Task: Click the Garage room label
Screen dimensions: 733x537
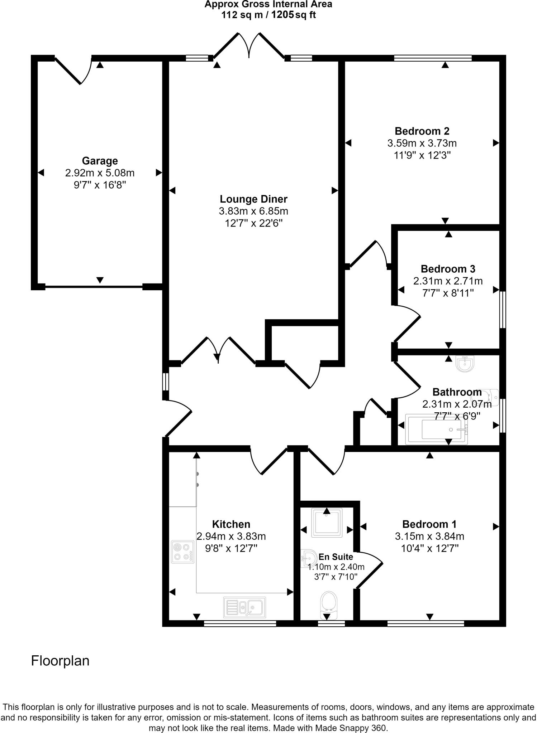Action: click(100, 161)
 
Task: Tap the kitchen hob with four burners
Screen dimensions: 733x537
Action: click(182, 552)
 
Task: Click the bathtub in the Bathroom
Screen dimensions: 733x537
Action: click(436, 429)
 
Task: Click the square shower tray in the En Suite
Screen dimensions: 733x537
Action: click(327, 523)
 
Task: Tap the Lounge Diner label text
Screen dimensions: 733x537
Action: click(253, 199)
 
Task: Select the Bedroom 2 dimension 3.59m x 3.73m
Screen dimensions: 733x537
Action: click(422, 144)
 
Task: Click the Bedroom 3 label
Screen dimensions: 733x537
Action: click(448, 269)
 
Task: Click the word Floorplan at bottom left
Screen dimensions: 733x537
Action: click(60, 661)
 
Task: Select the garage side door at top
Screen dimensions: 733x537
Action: click(73, 70)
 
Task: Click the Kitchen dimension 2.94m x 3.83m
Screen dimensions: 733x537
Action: click(231, 537)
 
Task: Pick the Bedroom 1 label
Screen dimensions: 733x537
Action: click(429, 524)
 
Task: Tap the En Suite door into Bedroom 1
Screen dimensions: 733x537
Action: click(369, 571)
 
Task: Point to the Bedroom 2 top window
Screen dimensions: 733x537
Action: click(433, 58)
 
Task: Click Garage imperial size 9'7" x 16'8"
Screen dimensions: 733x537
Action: click(100, 185)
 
